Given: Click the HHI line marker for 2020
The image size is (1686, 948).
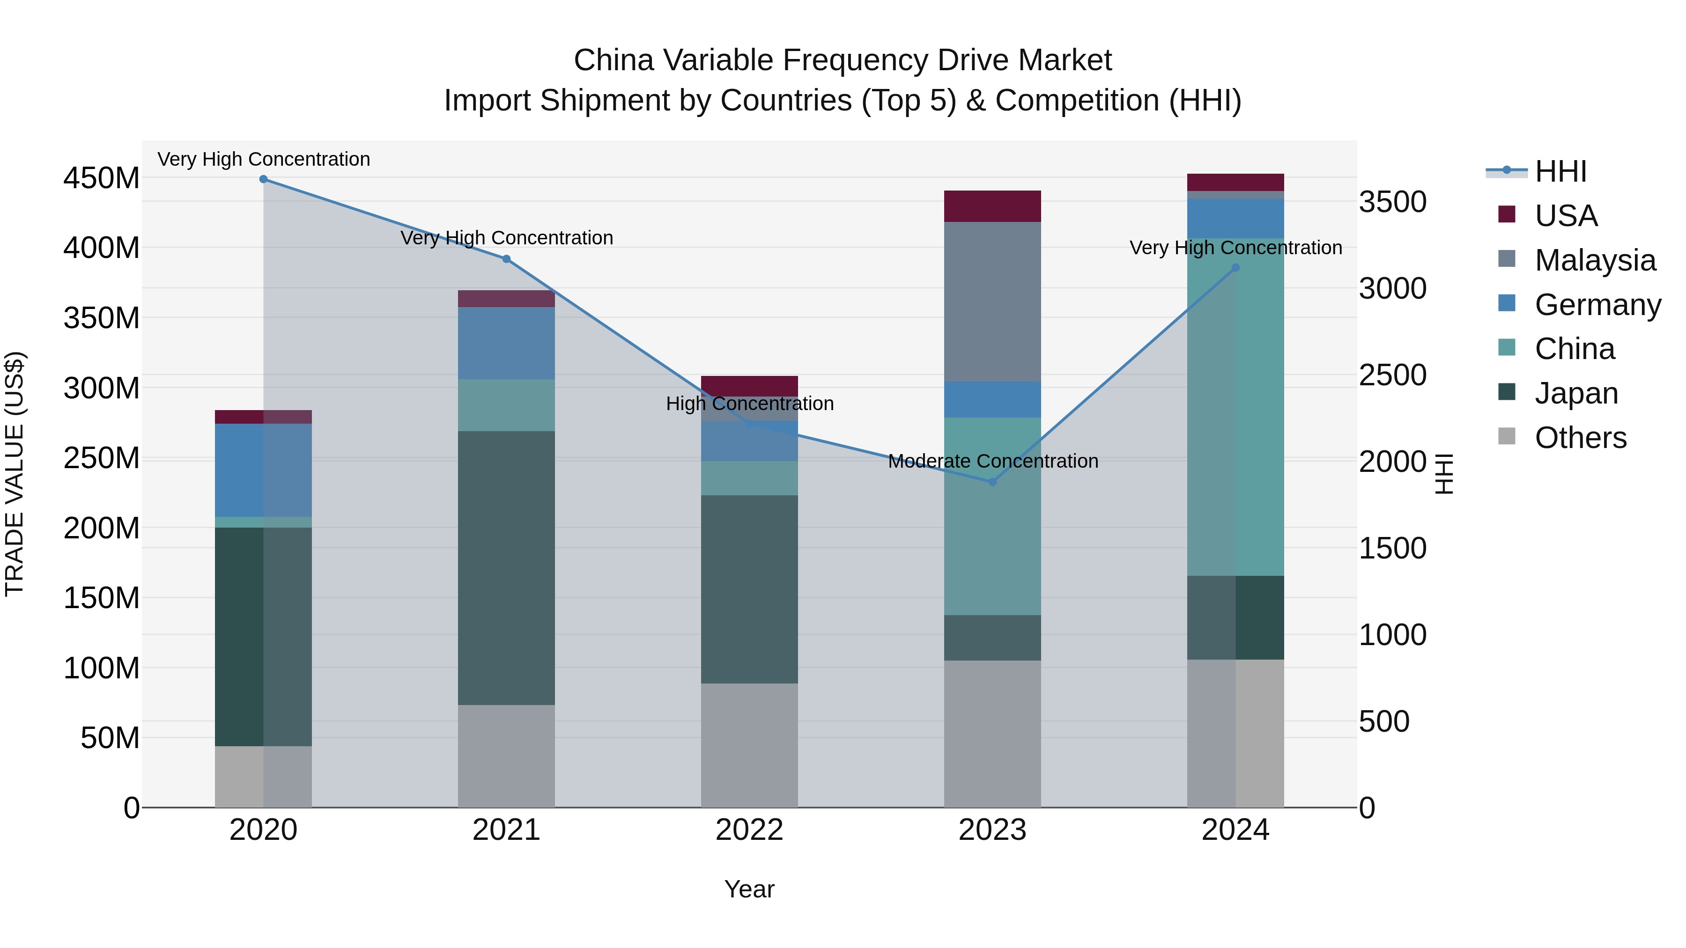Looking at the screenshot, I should coord(263,179).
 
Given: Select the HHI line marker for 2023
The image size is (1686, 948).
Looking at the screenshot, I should coord(992,482).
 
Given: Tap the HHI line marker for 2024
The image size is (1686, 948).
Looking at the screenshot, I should coord(1235,268).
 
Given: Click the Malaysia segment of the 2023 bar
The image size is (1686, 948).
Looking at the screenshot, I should coord(992,301).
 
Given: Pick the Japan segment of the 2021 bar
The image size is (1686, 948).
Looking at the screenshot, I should coord(506,567).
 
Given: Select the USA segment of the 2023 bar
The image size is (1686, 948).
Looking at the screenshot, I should coord(992,206).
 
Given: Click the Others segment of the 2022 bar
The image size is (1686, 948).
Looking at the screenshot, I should coord(749,745).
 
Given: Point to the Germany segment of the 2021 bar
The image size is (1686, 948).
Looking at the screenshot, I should coord(506,343).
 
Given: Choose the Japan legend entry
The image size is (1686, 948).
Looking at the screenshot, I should coord(1575,393).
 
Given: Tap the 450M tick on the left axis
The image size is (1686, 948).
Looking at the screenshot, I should coord(102,178).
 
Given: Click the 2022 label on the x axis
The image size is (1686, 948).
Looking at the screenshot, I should coord(749,830).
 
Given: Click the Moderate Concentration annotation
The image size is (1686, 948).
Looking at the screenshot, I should coord(992,461).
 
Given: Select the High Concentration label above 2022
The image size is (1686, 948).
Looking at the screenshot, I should coord(749,404).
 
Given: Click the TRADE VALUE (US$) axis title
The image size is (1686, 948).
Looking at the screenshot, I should coord(15,474).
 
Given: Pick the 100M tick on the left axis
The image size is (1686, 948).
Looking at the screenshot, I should coord(102,668).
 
